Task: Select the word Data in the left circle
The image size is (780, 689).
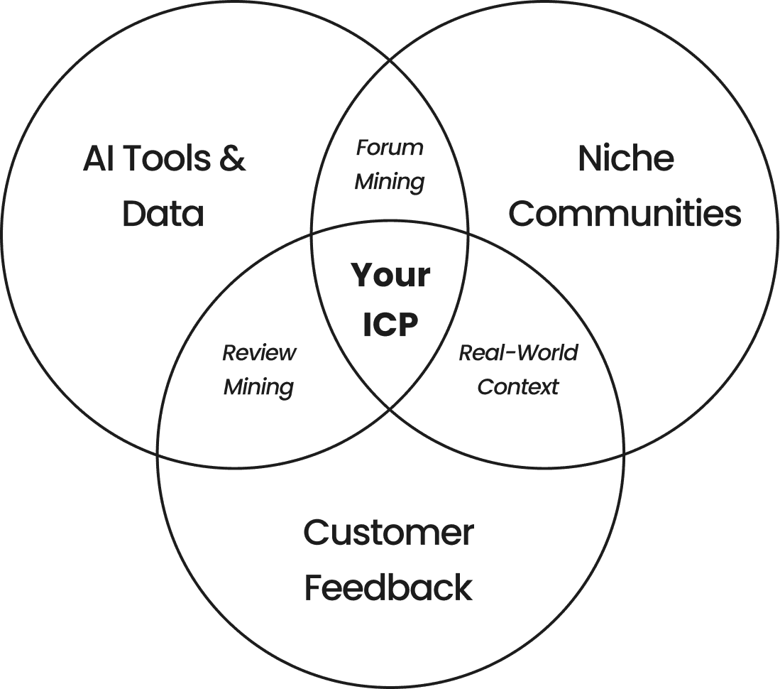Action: tap(163, 214)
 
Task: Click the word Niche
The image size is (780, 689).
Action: tap(625, 158)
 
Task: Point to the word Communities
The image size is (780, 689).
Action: tap(625, 214)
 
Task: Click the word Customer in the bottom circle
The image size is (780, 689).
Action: tap(388, 533)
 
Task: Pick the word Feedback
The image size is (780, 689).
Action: tap(388, 588)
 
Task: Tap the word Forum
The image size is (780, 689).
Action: tap(390, 148)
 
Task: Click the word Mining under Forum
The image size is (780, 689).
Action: tap(390, 182)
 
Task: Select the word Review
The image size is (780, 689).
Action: tap(259, 352)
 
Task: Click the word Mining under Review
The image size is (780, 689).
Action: tap(258, 387)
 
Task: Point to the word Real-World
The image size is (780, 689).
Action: tap(518, 352)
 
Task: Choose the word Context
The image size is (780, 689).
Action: tap(518, 387)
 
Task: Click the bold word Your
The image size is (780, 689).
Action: tap(390, 276)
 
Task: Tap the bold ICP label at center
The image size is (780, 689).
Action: tap(390, 325)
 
